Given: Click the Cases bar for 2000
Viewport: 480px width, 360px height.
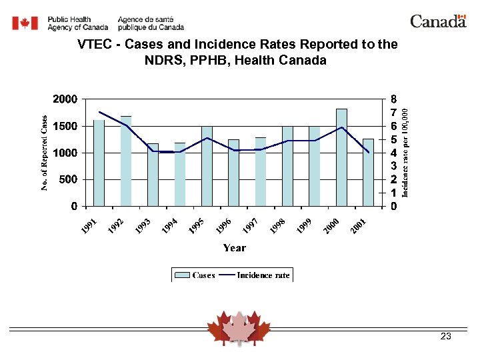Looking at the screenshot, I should point(341,157).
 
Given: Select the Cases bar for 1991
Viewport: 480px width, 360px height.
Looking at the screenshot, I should point(99,163).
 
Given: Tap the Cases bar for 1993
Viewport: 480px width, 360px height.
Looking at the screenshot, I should point(153,175).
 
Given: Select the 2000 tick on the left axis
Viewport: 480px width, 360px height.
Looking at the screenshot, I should point(65,99).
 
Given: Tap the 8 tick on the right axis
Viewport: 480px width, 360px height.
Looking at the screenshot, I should point(395,99).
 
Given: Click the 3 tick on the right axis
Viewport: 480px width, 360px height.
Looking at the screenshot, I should point(395,166).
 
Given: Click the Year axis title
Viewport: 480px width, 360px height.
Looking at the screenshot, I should point(234,248).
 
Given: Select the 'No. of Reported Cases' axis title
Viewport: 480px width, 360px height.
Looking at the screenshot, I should point(44,153).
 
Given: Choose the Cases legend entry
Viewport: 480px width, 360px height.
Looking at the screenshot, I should point(195,275).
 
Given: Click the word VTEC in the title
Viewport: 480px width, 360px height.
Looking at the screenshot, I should point(94,45).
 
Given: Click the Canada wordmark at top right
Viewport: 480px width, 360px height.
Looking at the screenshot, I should point(438,21).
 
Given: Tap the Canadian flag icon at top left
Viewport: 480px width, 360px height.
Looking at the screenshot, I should point(26,23).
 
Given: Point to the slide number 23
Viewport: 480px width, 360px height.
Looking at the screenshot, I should point(446,337).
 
